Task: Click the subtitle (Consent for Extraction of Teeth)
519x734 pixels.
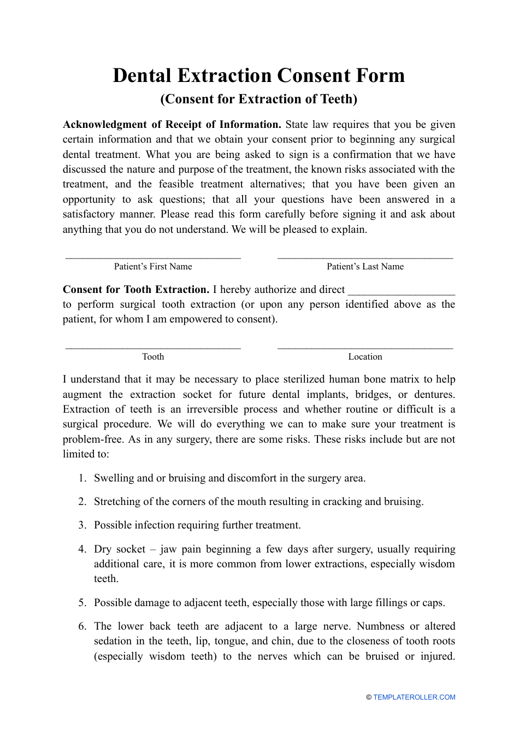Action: [259, 99]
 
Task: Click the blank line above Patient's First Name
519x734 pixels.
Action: [153, 256]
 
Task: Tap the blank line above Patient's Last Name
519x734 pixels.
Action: [365, 256]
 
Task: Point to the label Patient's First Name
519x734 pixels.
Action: [153, 267]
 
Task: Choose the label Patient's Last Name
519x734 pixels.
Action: [365, 267]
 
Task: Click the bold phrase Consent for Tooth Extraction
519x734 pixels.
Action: [135, 290]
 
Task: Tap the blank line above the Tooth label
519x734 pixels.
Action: [153, 347]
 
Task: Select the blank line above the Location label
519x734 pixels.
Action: [365, 347]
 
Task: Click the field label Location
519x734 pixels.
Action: [365, 357]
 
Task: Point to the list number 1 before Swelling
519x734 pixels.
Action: [82, 478]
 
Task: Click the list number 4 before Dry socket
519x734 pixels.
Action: [82, 549]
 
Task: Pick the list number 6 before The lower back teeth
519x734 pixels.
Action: [82, 626]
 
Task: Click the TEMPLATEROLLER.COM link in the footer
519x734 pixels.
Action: [414, 697]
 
